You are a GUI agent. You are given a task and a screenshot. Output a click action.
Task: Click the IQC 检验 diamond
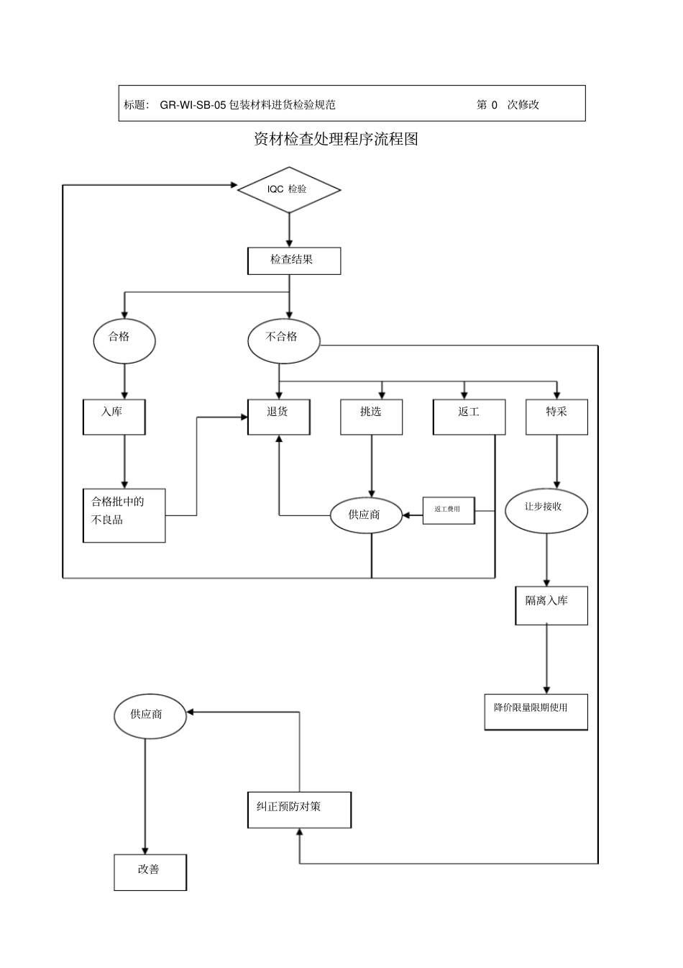(x=289, y=190)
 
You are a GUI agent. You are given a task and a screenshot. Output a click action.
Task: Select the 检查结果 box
(x=294, y=261)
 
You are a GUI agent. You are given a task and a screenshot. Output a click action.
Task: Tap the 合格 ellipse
(x=124, y=340)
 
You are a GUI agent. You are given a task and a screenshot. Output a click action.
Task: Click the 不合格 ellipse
(x=283, y=340)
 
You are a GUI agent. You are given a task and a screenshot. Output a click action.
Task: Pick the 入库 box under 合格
(x=114, y=417)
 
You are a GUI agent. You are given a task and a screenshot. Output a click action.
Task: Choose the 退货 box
(x=279, y=417)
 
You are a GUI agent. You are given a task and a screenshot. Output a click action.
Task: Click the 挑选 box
(x=371, y=417)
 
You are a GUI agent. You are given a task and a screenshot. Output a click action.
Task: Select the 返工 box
(x=469, y=417)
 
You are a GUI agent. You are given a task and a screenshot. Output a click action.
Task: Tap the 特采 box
(x=556, y=417)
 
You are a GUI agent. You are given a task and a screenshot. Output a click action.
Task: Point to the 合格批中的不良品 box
(x=124, y=515)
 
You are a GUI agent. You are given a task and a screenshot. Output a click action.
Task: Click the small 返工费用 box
(x=449, y=510)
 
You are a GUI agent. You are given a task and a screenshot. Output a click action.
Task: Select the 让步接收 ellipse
(x=546, y=510)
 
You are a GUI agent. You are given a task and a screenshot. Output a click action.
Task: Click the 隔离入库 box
(x=551, y=605)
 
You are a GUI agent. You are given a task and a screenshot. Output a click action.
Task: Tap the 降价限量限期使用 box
(x=536, y=712)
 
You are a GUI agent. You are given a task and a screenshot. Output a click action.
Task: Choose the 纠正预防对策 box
(x=299, y=810)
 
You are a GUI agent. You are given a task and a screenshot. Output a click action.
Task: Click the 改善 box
(x=150, y=872)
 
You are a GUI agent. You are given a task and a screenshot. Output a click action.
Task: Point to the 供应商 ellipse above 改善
(x=150, y=716)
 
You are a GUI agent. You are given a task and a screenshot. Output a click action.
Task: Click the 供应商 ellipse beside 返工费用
(x=365, y=515)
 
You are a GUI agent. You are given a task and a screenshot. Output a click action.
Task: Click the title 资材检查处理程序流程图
(x=336, y=139)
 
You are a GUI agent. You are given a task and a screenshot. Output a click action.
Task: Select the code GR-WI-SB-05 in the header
(x=193, y=104)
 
